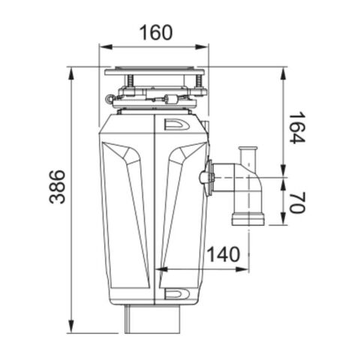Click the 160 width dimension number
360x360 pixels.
tap(156, 32)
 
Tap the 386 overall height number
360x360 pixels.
tap(57, 187)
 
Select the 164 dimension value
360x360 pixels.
tap(297, 127)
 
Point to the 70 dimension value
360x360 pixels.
tap(297, 202)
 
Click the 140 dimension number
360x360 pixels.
tap(223, 254)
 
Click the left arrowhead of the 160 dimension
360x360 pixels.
tap(106, 47)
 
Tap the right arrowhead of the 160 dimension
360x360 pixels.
tap(202, 47)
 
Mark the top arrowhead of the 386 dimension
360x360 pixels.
tap(71, 73)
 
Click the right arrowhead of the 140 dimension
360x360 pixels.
tap(242, 269)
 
